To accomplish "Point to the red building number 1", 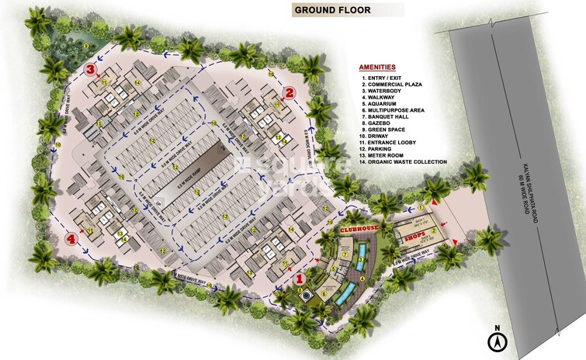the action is click(300, 278).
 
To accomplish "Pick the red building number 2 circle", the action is click(289, 92).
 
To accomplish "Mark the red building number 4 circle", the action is click(72, 238).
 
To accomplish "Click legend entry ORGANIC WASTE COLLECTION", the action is click(404, 162).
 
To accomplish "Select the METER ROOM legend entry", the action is click(387, 154).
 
